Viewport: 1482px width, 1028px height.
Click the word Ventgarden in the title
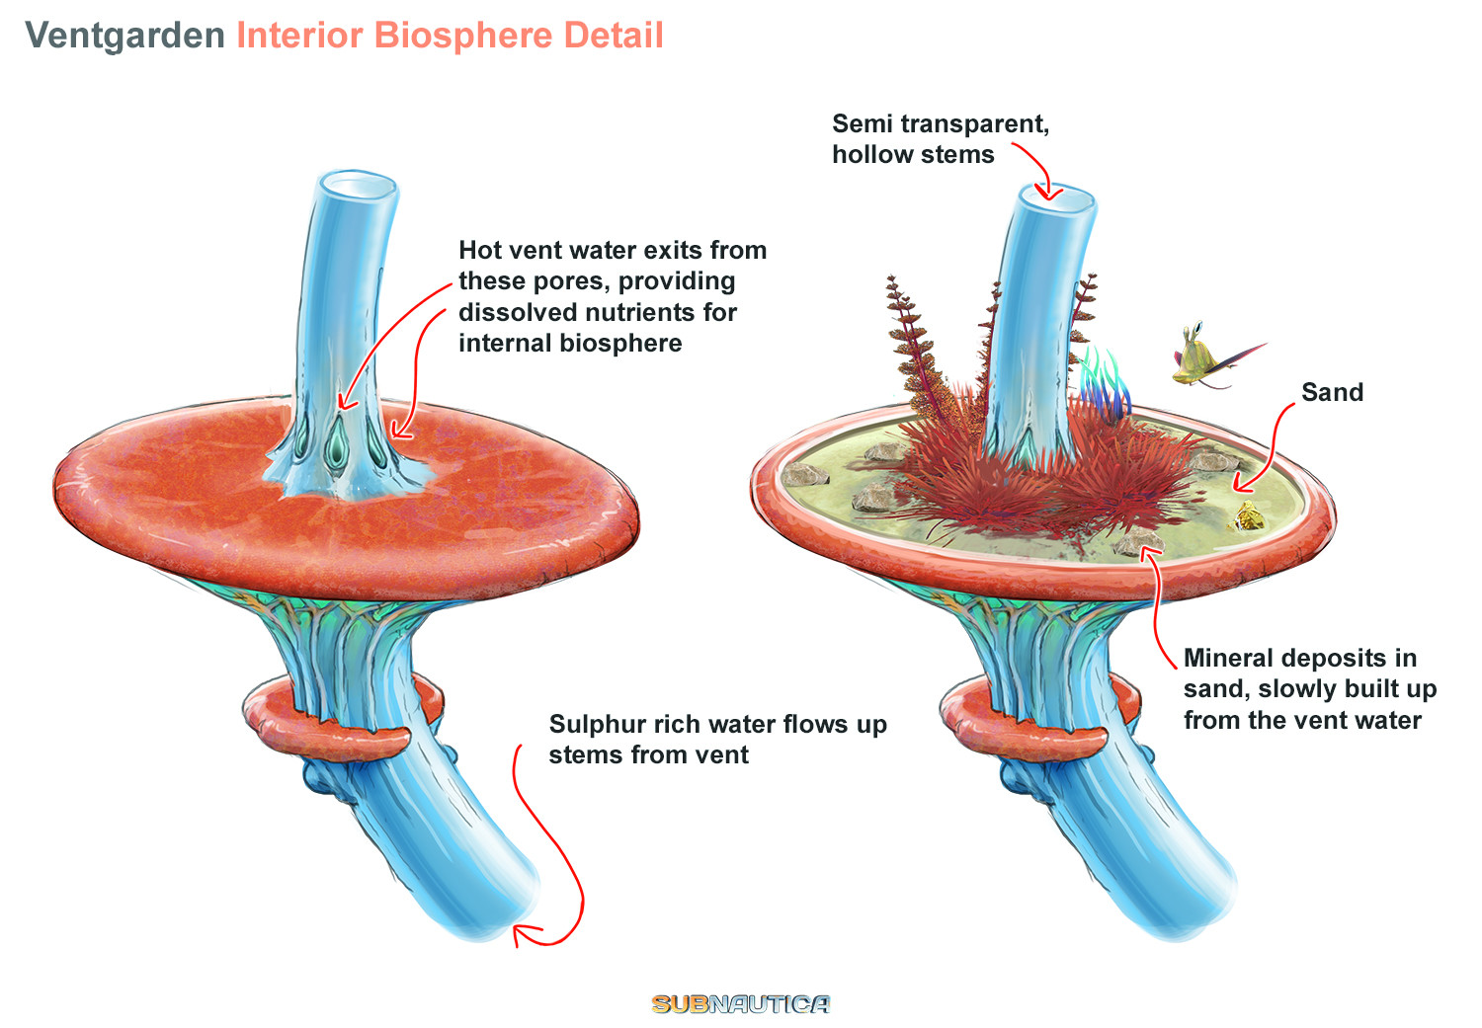[x=124, y=36]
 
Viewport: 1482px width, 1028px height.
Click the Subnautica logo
[x=740, y=1004]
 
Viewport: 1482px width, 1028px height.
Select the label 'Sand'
[x=1332, y=393]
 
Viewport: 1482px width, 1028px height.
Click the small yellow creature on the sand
[x=1248, y=514]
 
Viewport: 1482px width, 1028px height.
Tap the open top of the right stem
[x=1056, y=197]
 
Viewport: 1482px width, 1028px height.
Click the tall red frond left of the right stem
[x=915, y=346]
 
